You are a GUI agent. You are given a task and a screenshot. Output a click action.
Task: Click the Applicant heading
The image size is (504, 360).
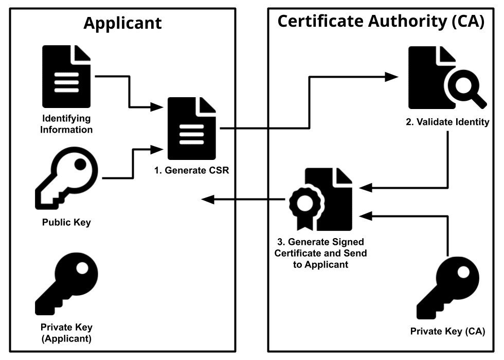coord(122,23)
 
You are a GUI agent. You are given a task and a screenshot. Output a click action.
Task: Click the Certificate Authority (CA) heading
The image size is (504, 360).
coord(381,22)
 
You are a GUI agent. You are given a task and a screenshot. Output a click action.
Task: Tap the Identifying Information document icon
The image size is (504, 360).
coord(66,76)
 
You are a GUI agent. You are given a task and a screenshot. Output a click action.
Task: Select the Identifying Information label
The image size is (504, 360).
coord(66,124)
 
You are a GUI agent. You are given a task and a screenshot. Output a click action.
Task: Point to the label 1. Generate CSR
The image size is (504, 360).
coord(191,170)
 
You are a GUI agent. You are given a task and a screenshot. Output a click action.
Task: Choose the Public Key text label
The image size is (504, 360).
coord(66,223)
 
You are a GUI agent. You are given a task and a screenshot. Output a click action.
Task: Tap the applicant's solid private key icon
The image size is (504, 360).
coord(66,284)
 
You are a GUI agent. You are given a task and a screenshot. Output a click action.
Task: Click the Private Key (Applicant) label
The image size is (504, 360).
coord(66,333)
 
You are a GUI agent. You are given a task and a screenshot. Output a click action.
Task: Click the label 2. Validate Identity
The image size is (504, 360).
coord(447,122)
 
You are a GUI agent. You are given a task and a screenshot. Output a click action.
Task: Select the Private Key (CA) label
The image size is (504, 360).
coord(447,331)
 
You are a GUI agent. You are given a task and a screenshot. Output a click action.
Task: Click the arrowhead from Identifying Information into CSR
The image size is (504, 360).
coord(159,107)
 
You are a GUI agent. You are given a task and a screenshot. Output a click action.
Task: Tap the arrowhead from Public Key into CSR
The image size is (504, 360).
coord(159,150)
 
